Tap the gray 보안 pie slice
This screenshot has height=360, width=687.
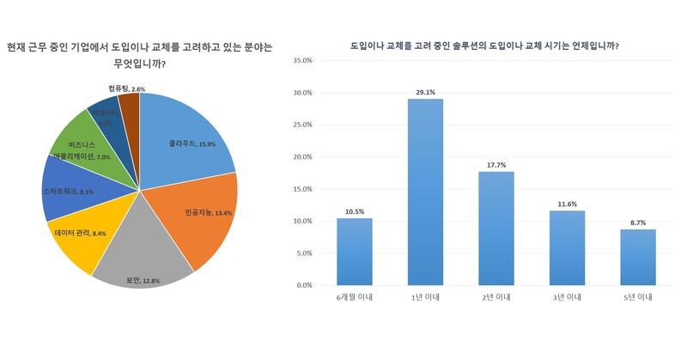[x=137, y=258]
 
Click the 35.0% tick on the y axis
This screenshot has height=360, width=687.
[x=302, y=61]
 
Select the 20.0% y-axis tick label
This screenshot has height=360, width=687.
[x=302, y=157]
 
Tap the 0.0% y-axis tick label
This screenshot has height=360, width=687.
[x=305, y=285]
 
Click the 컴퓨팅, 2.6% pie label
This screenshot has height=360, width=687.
[x=127, y=88]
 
